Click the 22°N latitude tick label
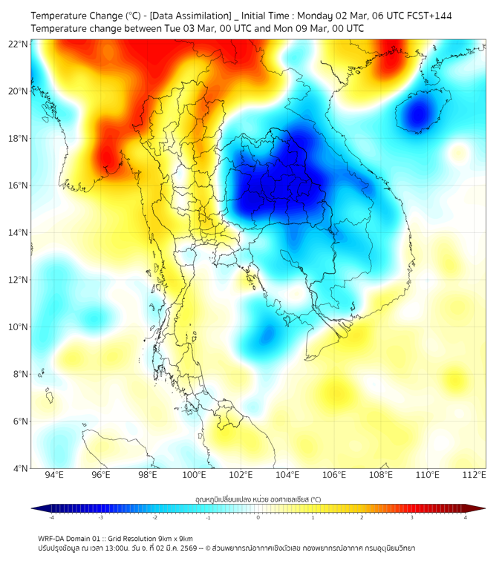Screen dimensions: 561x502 click(19, 44)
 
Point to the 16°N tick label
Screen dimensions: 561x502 click(19, 186)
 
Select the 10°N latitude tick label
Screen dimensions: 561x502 click(19, 327)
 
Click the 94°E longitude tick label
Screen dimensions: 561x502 click(54, 475)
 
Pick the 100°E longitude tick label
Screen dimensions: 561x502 click(195, 475)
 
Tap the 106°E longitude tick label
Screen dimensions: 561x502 click(335, 475)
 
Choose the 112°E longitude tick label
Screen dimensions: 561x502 click(475, 475)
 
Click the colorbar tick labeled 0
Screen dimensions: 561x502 click(258, 517)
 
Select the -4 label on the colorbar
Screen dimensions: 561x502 click(50, 517)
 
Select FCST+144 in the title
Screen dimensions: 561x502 click(427, 16)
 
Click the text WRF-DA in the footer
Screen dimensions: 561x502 click(54, 538)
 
